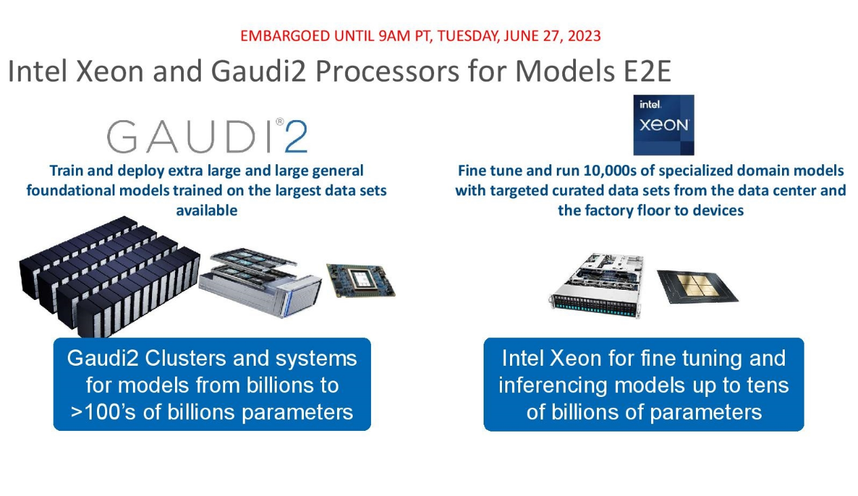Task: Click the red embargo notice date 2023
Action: (584, 36)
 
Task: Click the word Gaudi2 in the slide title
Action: (258, 71)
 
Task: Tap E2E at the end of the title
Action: (647, 71)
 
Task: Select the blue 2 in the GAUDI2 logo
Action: (296, 136)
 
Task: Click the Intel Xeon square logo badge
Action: (663, 125)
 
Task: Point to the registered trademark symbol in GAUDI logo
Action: (280, 121)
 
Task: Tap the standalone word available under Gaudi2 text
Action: (206, 210)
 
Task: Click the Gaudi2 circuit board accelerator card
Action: (361, 281)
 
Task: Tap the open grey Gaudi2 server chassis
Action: (260, 282)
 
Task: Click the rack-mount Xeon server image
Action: (597, 286)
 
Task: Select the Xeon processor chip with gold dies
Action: (697, 286)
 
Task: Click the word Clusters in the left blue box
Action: (185, 359)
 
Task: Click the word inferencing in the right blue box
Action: (553, 385)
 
